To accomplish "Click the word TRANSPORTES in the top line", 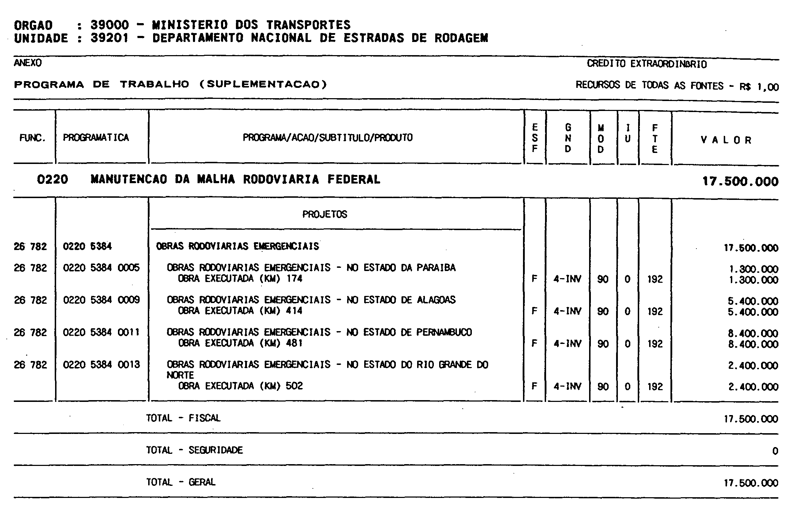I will click(308, 25).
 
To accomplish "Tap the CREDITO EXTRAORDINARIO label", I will click(647, 64).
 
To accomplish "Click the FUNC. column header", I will click(33, 138).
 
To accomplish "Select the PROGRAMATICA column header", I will click(96, 138).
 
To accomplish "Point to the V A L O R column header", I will click(726, 140).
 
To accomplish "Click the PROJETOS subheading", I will click(325, 214).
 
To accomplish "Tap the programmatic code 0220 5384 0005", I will click(101, 267).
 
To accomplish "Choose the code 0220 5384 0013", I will click(101, 365).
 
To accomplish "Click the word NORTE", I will click(180, 375).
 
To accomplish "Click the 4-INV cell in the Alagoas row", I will click(567, 312).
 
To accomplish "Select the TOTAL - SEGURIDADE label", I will click(194, 450).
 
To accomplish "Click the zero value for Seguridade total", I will click(775, 451).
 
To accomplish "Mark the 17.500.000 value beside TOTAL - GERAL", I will click(751, 483).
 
